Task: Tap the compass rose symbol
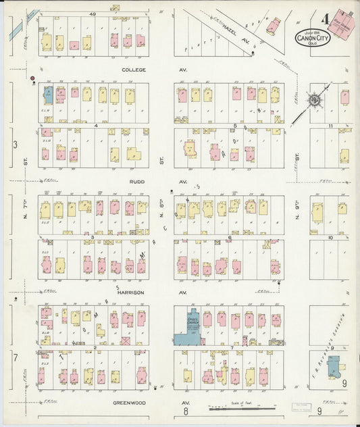tap(315, 101)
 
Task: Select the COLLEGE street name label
tap(134, 69)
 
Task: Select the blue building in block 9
tap(334, 367)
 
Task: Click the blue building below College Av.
tap(48, 94)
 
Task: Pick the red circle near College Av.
tap(32, 79)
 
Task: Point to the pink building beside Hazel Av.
tap(273, 26)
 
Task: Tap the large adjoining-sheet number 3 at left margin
tap(14, 144)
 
